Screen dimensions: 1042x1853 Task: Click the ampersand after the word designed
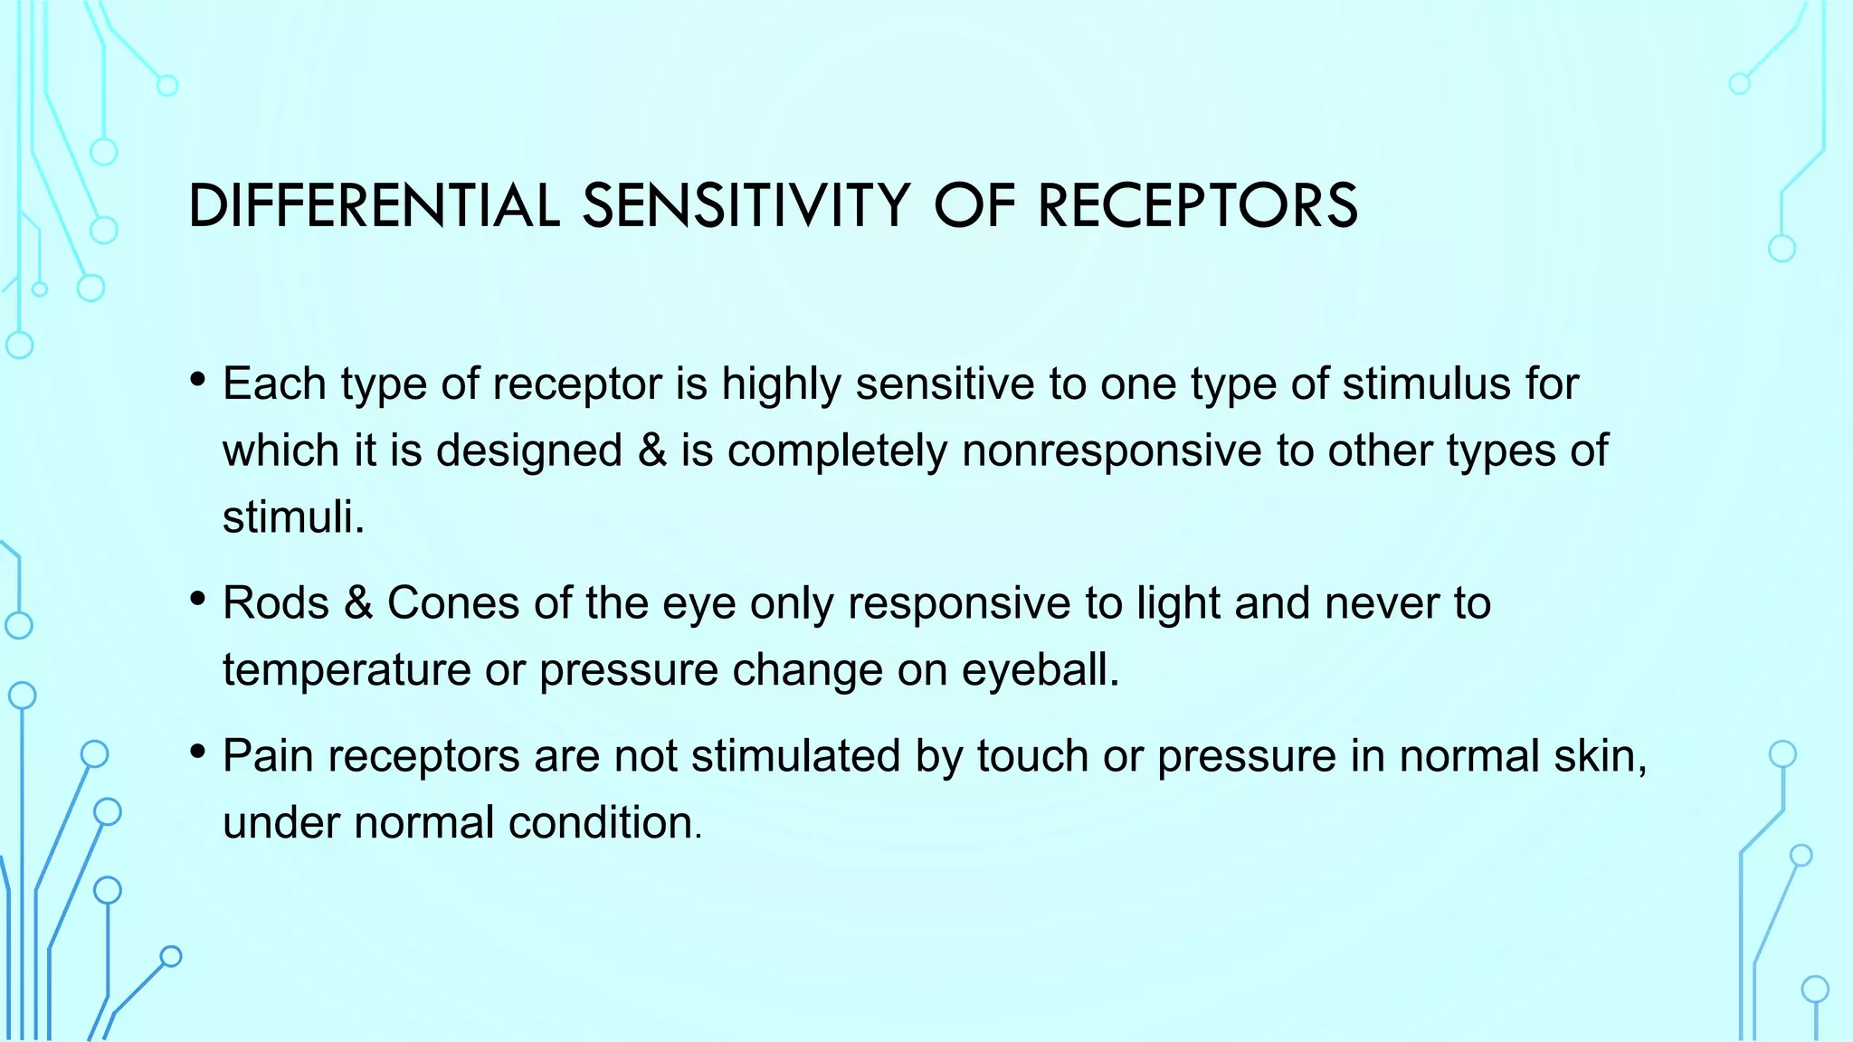[x=651, y=450]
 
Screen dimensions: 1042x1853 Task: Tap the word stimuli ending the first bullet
[x=289, y=517]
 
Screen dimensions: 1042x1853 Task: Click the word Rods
[x=276, y=603]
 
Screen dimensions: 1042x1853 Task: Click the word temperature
[x=347, y=670]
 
